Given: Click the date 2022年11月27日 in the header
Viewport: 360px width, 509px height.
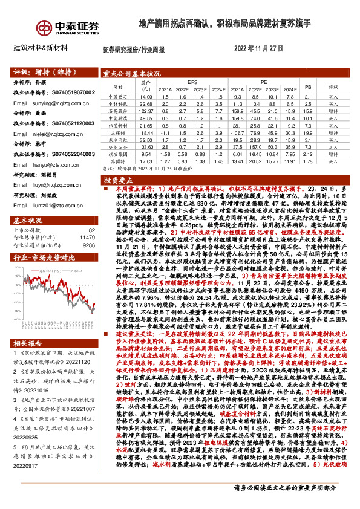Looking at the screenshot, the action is (258, 47).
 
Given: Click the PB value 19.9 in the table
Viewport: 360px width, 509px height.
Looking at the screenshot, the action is (307, 132).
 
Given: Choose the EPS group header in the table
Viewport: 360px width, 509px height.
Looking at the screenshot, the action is (192, 81).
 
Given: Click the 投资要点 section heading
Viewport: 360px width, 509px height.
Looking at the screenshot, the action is (114, 180).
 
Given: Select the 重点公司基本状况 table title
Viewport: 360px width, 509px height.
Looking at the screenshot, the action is (131, 73).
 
